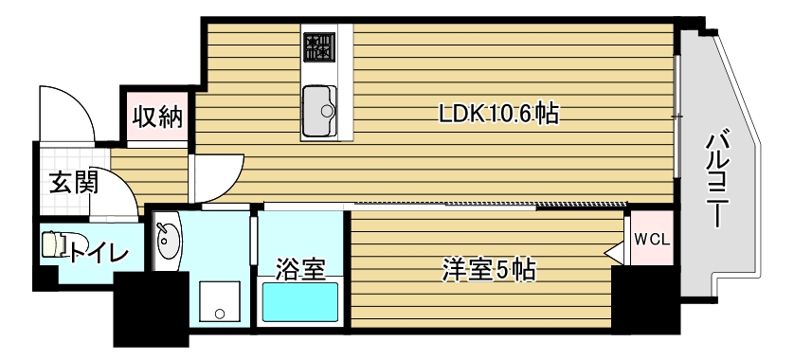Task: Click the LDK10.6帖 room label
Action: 497,115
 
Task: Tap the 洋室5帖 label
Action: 488,270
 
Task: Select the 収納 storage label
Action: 156,117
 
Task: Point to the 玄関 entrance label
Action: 73,182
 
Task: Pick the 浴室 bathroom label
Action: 300,269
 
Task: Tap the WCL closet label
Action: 651,239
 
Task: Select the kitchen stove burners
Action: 319,47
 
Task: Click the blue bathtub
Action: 300,303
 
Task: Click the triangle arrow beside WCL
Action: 614,252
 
